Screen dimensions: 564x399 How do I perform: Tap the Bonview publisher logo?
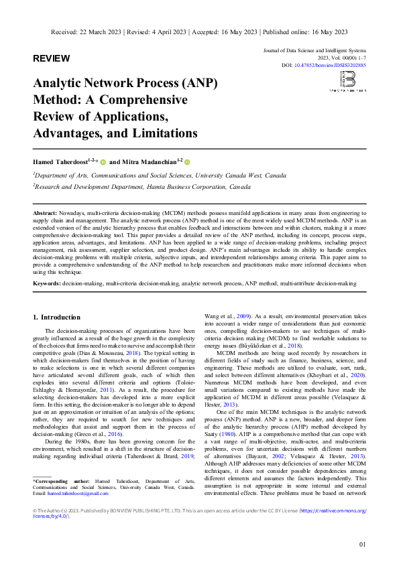pyautogui.click(x=347, y=82)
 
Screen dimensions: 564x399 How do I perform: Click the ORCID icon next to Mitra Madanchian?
pyautogui.click(x=188, y=162)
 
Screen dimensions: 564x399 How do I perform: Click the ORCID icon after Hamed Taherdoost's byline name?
pyautogui.click(x=103, y=162)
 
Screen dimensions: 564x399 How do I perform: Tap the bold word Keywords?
pyautogui.click(x=48, y=284)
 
